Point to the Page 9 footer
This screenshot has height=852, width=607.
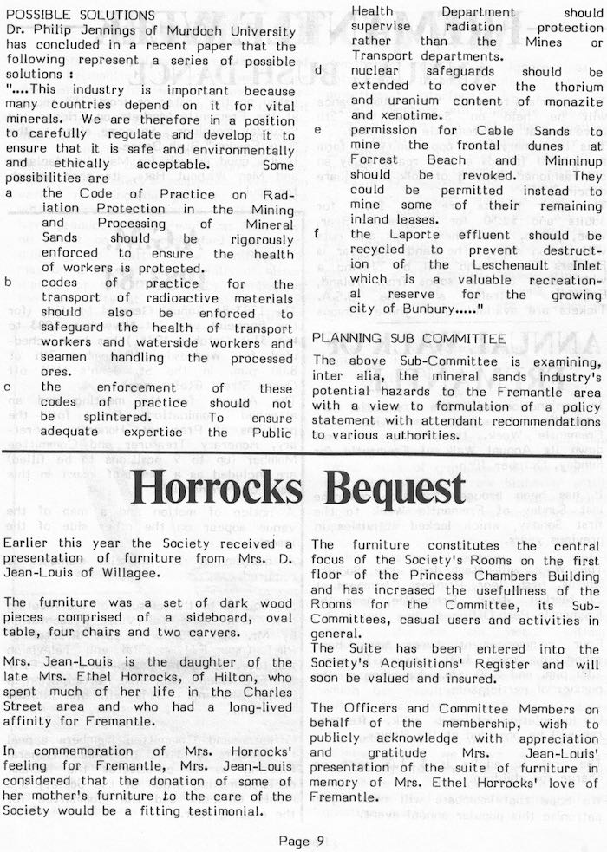tap(302, 838)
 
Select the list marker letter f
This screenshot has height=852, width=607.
tap(317, 234)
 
